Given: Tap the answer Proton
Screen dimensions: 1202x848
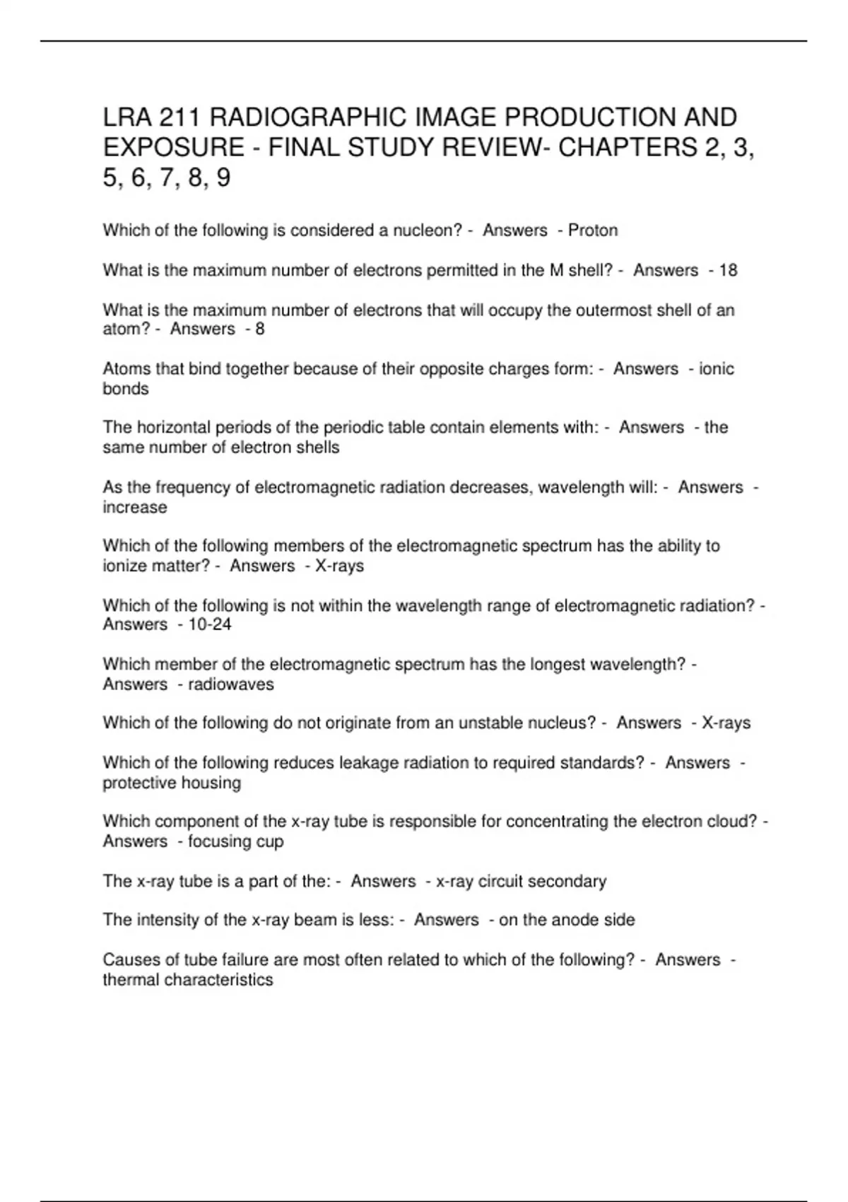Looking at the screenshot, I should [x=593, y=231].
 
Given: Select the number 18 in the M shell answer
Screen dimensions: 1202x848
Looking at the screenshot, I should [x=728, y=270].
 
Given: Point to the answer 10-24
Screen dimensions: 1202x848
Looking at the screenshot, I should [x=210, y=624].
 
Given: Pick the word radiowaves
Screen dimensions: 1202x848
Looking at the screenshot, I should [x=230, y=684].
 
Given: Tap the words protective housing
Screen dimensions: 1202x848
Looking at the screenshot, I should [x=172, y=783].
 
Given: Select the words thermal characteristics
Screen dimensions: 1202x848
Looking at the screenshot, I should [x=188, y=980].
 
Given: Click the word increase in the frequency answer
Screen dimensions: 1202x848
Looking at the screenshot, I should [x=135, y=508].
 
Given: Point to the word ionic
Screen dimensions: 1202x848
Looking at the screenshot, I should [x=717, y=369].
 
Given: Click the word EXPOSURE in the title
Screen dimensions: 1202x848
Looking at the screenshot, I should [x=172, y=147].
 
